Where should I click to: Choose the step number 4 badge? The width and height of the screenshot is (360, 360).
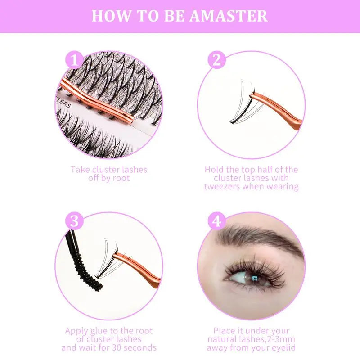pos(217,221)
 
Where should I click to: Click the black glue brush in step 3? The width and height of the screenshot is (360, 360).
pos(88,270)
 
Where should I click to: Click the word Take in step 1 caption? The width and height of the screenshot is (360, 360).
pos(80,170)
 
